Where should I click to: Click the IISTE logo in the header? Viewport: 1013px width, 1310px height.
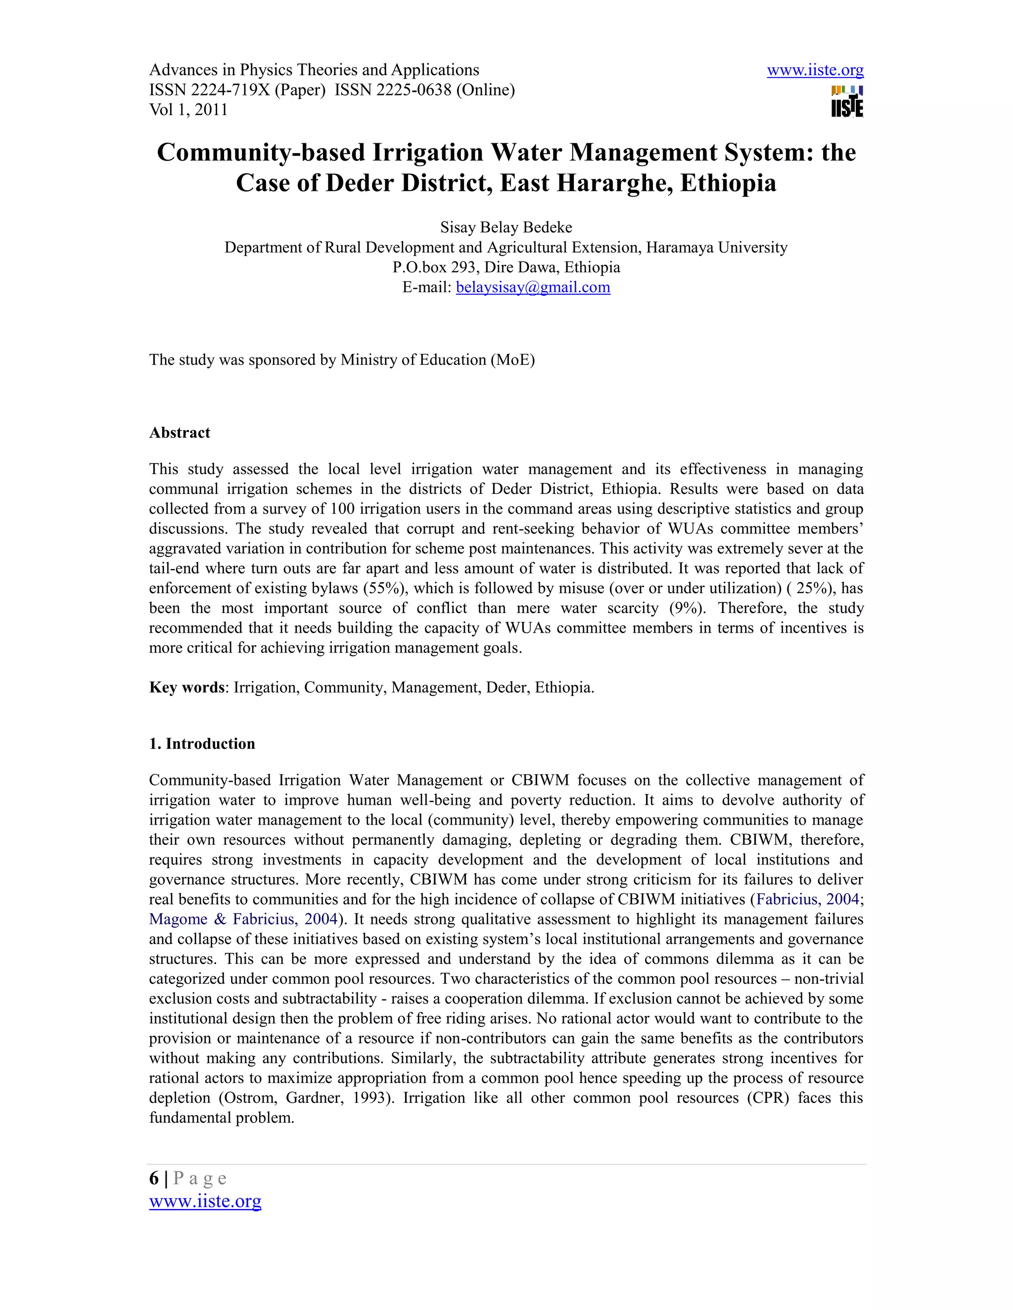tap(847, 102)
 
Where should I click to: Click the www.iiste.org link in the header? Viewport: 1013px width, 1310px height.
tap(815, 70)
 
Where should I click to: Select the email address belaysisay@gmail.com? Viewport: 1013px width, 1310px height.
tap(533, 287)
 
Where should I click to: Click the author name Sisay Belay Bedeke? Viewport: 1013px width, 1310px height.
tap(506, 227)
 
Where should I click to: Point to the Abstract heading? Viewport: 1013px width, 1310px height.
tap(180, 433)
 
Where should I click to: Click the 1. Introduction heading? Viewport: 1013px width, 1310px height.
tap(202, 744)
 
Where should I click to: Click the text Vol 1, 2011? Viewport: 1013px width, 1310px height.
tap(188, 110)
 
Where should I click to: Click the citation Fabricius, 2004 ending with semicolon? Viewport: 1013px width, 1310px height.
tap(808, 899)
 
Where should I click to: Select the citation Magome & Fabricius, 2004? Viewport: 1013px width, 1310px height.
tap(243, 919)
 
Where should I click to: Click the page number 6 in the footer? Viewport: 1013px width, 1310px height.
tap(154, 1178)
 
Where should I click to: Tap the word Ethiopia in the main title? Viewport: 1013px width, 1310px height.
tap(728, 183)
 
